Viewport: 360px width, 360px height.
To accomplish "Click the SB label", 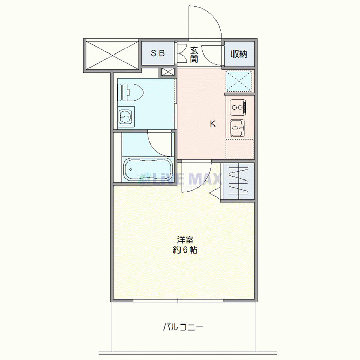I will tap(158, 53).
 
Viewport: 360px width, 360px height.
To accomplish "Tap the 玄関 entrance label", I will tap(194, 54).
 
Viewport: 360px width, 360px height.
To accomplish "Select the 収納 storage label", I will tap(239, 53).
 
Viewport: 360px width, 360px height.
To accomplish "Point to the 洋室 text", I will tap(185, 240).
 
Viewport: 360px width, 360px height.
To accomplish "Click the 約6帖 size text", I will tap(185, 250).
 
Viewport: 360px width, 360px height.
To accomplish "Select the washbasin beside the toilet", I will tap(125, 117).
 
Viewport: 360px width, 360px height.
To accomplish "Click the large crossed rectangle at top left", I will tap(112, 54).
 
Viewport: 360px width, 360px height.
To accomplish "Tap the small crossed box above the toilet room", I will tap(168, 72).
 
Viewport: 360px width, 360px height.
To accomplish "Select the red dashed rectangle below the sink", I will tap(239, 148).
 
